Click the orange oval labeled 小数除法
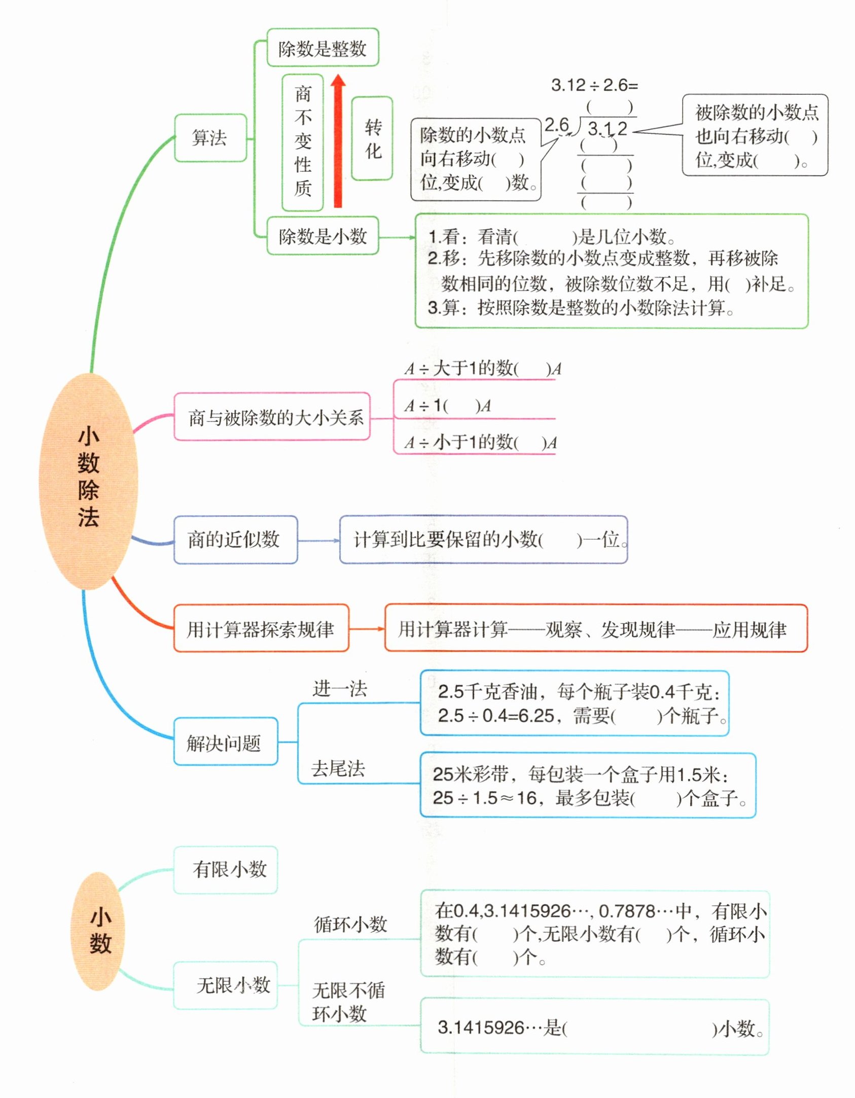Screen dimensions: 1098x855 tap(88, 481)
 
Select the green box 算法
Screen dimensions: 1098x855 tap(210, 138)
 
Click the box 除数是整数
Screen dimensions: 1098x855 tap(323, 48)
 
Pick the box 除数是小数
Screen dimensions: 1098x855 tap(323, 236)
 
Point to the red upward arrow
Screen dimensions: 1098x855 tap(338, 142)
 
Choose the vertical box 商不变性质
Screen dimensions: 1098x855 tap(303, 142)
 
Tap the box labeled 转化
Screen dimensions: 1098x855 tap(373, 138)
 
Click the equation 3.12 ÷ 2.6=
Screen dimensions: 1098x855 tap(594, 85)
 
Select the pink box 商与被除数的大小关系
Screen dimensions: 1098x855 tap(272, 417)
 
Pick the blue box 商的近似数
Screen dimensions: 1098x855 tap(235, 539)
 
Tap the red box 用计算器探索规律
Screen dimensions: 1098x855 tap(261, 629)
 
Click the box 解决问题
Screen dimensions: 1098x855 tap(225, 743)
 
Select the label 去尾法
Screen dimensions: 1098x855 tap(338, 768)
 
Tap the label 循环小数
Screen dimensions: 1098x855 tap(350, 924)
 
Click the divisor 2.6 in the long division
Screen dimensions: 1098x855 tap(557, 125)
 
